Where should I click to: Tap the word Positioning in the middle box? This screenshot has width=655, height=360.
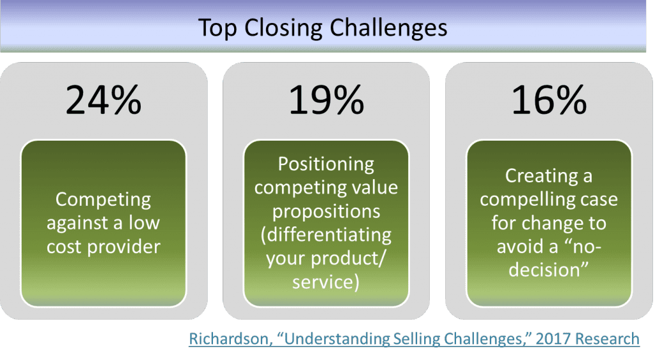pyautogui.click(x=326, y=164)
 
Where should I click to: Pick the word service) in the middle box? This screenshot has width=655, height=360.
pyautogui.click(x=326, y=281)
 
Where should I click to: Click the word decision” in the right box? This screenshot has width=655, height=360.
pyautogui.click(x=549, y=269)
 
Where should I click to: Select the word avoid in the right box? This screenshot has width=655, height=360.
pyautogui.click(x=521, y=246)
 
